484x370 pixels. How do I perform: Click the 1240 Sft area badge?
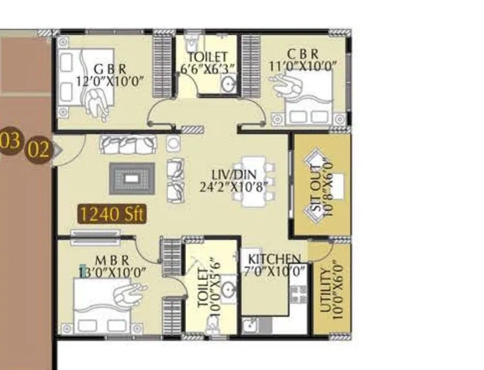click(112, 214)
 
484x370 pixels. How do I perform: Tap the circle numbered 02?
click(39, 150)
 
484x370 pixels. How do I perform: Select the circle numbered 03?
click(10, 141)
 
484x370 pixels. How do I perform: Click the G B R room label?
click(110, 69)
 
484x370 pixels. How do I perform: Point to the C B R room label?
click(302, 54)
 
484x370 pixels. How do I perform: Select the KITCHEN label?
click(274, 259)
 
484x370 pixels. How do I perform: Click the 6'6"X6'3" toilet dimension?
click(208, 68)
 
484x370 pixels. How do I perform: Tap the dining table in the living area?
click(253, 183)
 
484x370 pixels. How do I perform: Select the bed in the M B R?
click(102, 303)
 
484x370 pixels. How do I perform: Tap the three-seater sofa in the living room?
click(127, 144)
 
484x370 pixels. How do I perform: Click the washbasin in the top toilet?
click(227, 83)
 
